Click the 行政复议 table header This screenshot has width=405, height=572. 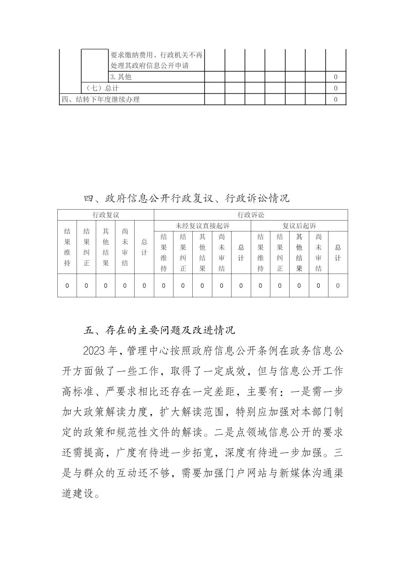[106, 215]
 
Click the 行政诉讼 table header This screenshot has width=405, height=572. [251, 215]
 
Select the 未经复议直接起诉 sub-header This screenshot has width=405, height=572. [202, 226]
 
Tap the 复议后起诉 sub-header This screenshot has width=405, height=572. [299, 226]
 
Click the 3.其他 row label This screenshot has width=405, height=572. [121, 77]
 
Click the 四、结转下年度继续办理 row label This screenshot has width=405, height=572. [101, 99]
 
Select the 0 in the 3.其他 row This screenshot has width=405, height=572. [336, 77]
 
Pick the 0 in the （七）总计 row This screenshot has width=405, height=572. [336, 88]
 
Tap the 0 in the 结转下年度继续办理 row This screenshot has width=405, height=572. [336, 100]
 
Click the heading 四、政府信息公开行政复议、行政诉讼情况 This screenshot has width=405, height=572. [186, 198]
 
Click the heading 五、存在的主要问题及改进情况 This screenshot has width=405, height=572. [160, 330]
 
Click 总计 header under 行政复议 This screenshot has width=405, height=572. [144, 247]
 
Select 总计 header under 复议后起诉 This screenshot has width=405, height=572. [338, 253]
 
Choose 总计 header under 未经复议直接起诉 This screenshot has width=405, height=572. [241, 253]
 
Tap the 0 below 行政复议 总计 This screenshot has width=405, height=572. [144, 286]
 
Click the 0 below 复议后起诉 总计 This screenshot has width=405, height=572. [338, 286]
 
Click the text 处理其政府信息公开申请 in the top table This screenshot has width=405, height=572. [149, 66]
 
